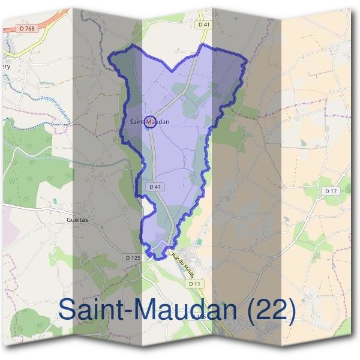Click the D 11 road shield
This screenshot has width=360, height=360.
pos(193,283)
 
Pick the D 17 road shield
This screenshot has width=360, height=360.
pos(329,191)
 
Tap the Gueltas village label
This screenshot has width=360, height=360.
pos(74,219)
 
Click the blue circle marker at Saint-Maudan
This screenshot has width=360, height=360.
pos(151,122)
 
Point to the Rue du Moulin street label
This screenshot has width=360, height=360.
pos(181,262)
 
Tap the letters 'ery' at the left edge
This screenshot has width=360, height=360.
pos(5,67)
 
